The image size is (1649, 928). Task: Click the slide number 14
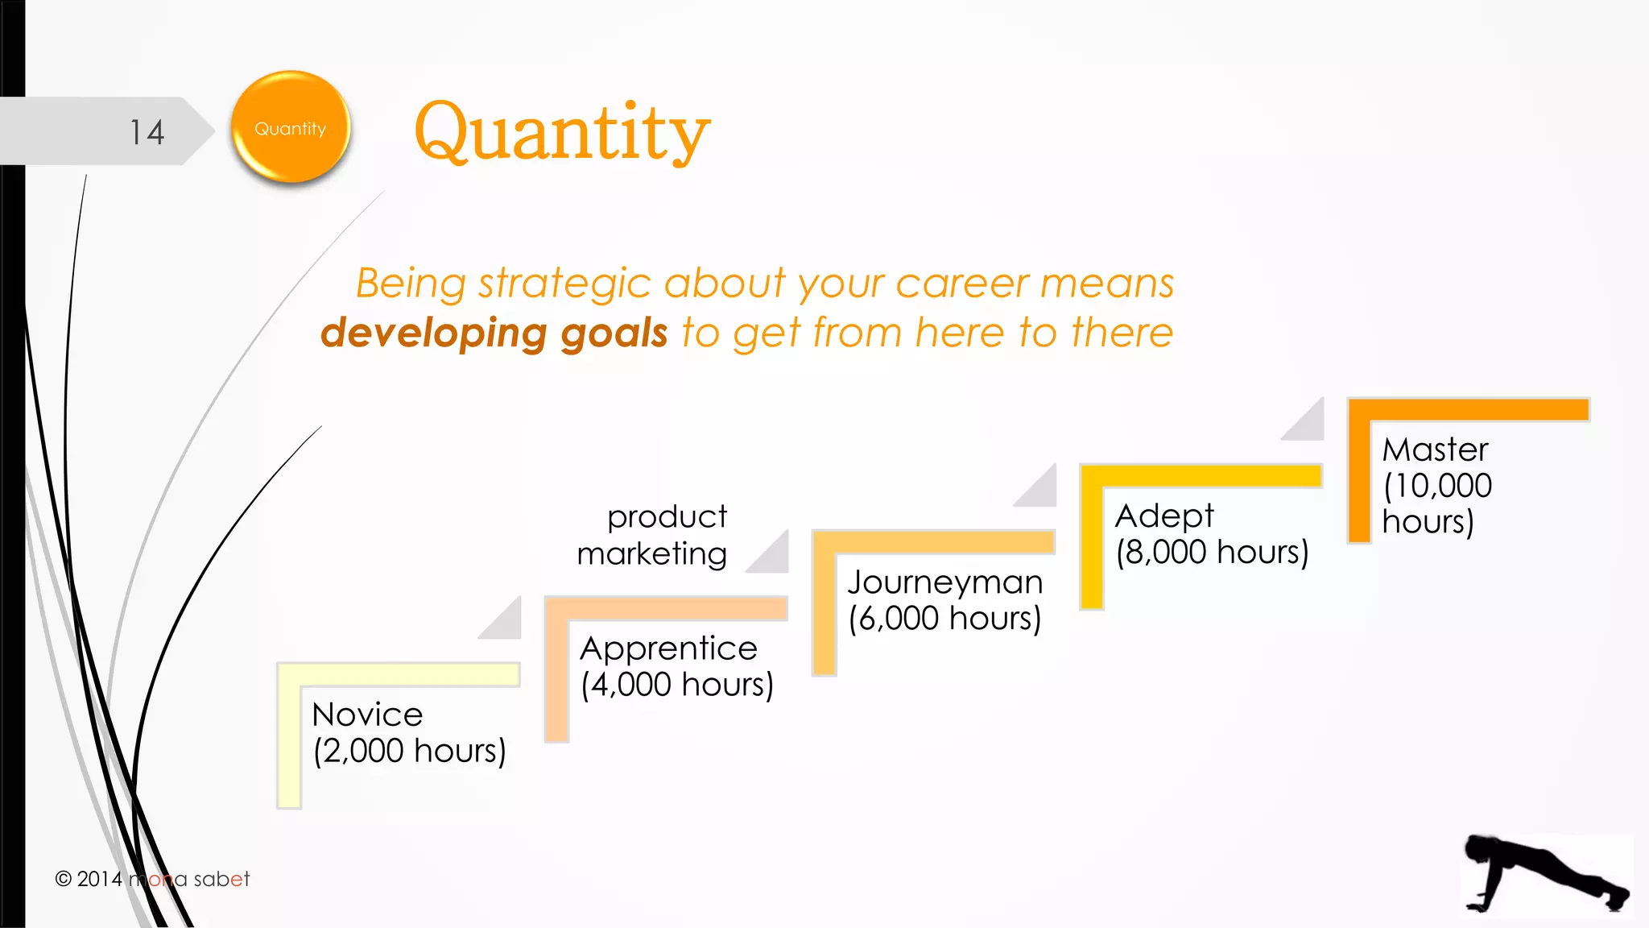pyautogui.click(x=147, y=132)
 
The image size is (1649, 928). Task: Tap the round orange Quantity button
pyautogui.click(x=291, y=127)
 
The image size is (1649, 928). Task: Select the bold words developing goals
pyautogui.click(x=494, y=333)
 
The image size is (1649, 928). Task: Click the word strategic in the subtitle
pyautogui.click(x=564, y=284)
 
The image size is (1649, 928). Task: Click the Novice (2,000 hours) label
pyautogui.click(x=408, y=732)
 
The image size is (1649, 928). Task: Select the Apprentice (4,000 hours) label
pyautogui.click(x=676, y=666)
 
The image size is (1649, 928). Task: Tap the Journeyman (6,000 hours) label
pyautogui.click(x=944, y=600)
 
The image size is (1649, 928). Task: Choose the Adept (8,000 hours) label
pyautogui.click(x=1211, y=534)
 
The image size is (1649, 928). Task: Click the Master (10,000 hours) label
pyautogui.click(x=1436, y=485)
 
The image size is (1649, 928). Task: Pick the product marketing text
pyautogui.click(x=653, y=535)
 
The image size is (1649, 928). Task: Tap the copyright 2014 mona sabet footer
pyautogui.click(x=152, y=879)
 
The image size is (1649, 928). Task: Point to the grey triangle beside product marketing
pyautogui.click(x=772, y=557)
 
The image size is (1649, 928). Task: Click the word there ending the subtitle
pyautogui.click(x=1122, y=333)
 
